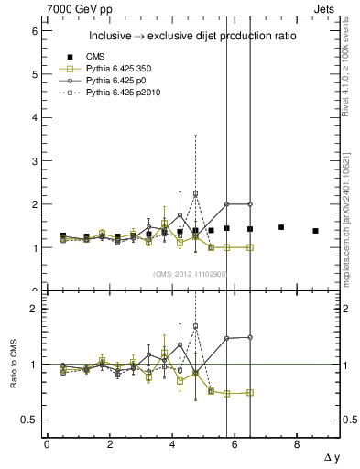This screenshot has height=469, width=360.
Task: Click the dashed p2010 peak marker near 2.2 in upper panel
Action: tap(195, 194)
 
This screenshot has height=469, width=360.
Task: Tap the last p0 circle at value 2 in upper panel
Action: tap(250, 204)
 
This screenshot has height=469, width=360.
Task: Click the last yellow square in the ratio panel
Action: tap(250, 392)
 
